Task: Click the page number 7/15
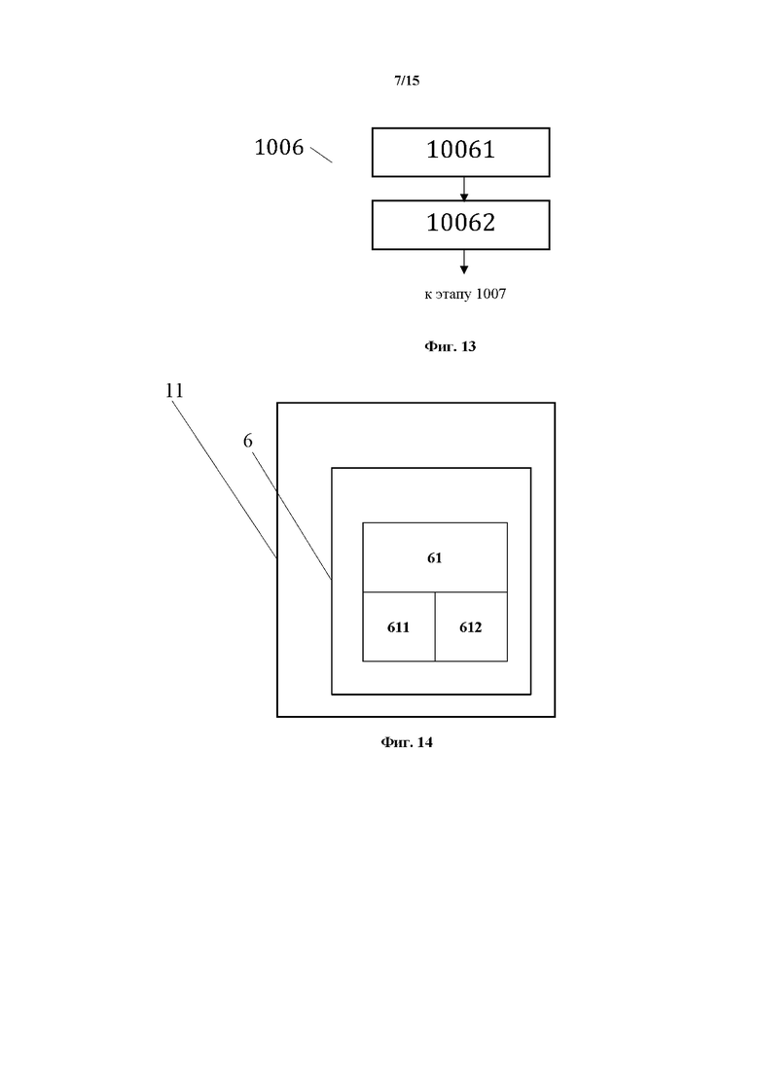pyautogui.click(x=407, y=82)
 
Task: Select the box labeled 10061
pyautogui.click(x=460, y=151)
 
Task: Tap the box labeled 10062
pyautogui.click(x=460, y=224)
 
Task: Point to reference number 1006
pyautogui.click(x=278, y=148)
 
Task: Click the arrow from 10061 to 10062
pyautogui.click(x=464, y=189)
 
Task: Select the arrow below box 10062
pyautogui.click(x=464, y=262)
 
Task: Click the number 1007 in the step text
pyautogui.click(x=490, y=294)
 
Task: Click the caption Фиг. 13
pyautogui.click(x=450, y=346)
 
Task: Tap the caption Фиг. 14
pyautogui.click(x=407, y=742)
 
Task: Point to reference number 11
pyautogui.click(x=174, y=390)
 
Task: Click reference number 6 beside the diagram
pyautogui.click(x=248, y=441)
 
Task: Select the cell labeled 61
pyautogui.click(x=435, y=557)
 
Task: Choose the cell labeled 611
pyautogui.click(x=398, y=627)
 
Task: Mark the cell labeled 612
pyautogui.click(x=471, y=627)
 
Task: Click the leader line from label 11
pyautogui.click(x=229, y=478)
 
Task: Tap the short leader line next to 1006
pyautogui.click(x=321, y=154)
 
